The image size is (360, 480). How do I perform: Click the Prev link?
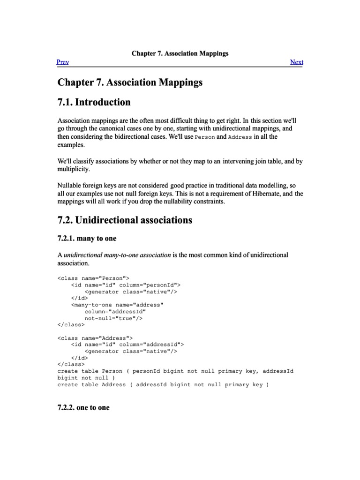[63, 62]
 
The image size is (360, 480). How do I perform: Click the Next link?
[297, 62]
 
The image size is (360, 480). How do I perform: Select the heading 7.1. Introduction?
[94, 102]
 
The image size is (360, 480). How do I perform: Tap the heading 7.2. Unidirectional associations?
[125, 220]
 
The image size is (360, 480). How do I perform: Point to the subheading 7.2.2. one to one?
[83, 407]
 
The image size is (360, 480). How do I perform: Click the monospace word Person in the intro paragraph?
[204, 137]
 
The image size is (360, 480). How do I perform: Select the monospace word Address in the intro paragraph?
[240, 137]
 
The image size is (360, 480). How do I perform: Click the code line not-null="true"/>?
[113, 318]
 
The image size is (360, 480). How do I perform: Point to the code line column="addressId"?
[115, 311]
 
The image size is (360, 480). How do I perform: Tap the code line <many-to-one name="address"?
[117, 305]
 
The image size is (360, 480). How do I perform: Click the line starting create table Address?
[163, 384]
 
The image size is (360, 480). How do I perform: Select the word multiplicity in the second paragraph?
[73, 169]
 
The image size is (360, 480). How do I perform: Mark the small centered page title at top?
[180, 53]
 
